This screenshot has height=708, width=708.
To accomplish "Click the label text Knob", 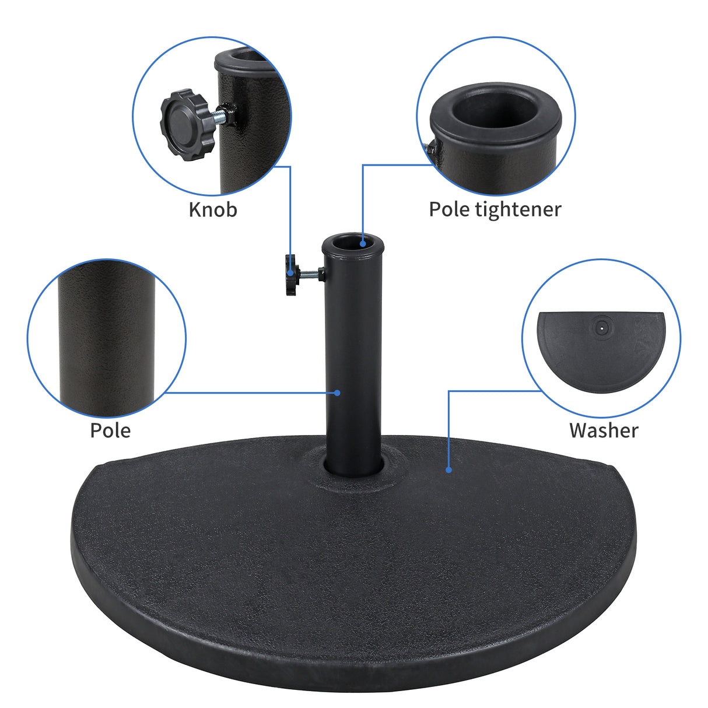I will pyautogui.click(x=213, y=209).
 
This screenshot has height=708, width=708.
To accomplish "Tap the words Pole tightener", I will pyautogui.click(x=495, y=209).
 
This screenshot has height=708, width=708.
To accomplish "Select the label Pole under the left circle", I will pyautogui.click(x=110, y=430).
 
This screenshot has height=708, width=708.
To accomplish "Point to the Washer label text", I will pyautogui.click(x=604, y=430).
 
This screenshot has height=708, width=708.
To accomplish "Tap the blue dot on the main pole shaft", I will pyautogui.click(x=338, y=392).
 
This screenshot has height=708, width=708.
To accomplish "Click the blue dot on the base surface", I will pyautogui.click(x=448, y=469).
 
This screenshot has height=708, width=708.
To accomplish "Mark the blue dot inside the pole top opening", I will pyautogui.click(x=363, y=243).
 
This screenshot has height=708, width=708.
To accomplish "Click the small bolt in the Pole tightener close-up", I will pyautogui.click(x=430, y=149).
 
